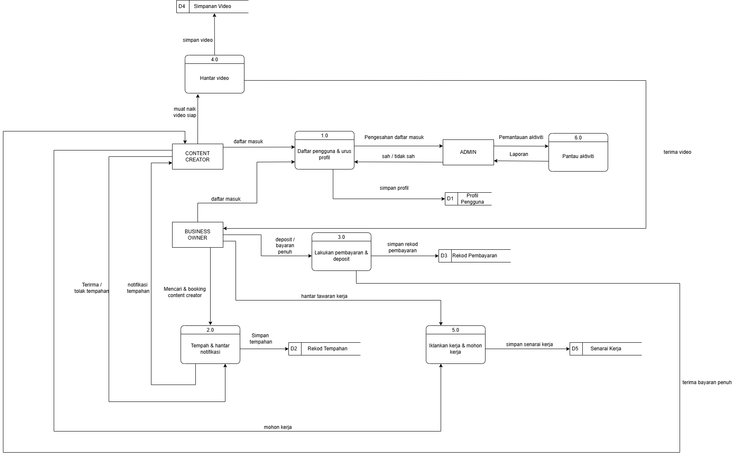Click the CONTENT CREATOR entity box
pyautogui.click(x=197, y=156)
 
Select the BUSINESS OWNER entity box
pyautogui.click(x=197, y=235)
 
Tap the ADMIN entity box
pyautogui.click(x=468, y=152)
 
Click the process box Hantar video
pyautogui.click(x=214, y=78)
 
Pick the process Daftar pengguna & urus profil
pyautogui.click(x=324, y=154)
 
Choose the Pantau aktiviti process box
pyautogui.click(x=578, y=156)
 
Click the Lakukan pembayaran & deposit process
pyautogui.click(x=341, y=256)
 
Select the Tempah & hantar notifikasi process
pyautogui.click(x=210, y=349)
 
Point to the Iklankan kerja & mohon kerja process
pyautogui.click(x=455, y=349)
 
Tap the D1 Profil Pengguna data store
pyautogui.click(x=468, y=199)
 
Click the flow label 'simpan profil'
pyautogui.click(x=394, y=188)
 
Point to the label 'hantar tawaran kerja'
pyautogui.click(x=324, y=296)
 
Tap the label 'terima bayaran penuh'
pyautogui.click(x=707, y=382)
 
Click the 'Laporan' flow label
pyautogui.click(x=519, y=154)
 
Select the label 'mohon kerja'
pyautogui.click(x=278, y=427)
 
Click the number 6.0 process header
pyautogui.click(x=578, y=138)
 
